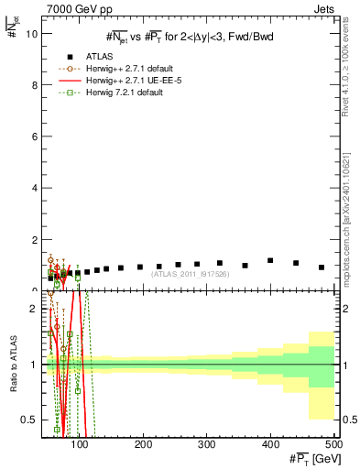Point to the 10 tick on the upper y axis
[31, 33]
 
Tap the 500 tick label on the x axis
[333, 443]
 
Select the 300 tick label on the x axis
[207, 443]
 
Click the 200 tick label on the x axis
[144, 443]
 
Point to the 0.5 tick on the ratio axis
[29, 420]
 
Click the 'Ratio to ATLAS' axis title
[12, 365]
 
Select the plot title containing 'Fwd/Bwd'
[189, 36]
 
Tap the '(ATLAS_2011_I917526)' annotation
[189, 273]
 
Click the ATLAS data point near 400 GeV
[270, 260]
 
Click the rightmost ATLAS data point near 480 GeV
[321, 267]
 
